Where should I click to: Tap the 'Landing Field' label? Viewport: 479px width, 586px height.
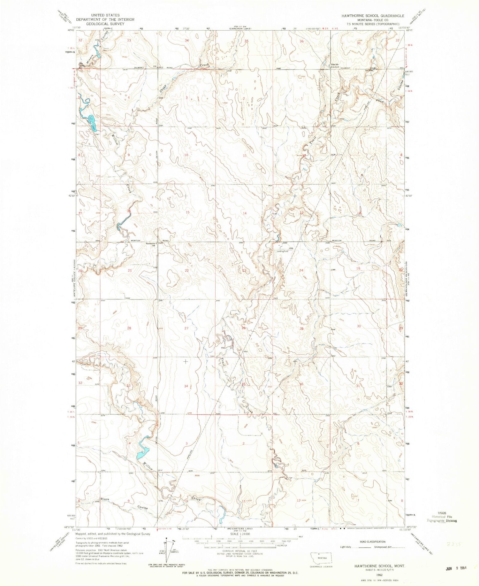[x=282, y=251]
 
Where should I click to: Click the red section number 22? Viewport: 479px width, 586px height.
[x=187, y=271]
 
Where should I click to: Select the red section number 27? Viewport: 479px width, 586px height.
[x=186, y=328]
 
